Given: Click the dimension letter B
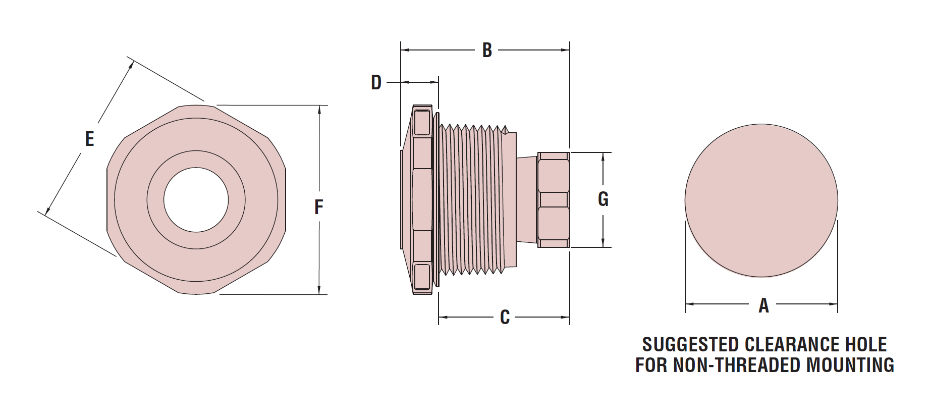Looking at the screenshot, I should [x=487, y=50].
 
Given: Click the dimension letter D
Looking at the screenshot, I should [x=376, y=82].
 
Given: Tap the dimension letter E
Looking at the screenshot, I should [x=89, y=139].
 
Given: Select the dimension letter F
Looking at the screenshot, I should [x=318, y=207].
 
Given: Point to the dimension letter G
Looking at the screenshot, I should [x=603, y=199].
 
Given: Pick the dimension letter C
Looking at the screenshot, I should [x=505, y=317].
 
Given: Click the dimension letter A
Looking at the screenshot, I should [x=763, y=305].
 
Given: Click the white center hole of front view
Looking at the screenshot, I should [x=196, y=200].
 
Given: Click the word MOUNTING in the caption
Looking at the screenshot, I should [x=850, y=365].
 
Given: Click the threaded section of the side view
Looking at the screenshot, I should [x=472, y=200].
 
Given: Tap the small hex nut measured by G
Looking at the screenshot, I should [x=554, y=200].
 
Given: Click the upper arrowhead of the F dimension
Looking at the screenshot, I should [x=319, y=109].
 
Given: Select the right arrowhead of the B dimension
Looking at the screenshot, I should [x=566, y=50].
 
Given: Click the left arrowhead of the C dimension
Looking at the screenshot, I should [x=443, y=317].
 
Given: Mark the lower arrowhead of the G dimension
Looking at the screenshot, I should [x=604, y=244].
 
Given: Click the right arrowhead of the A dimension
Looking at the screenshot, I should [x=834, y=304].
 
